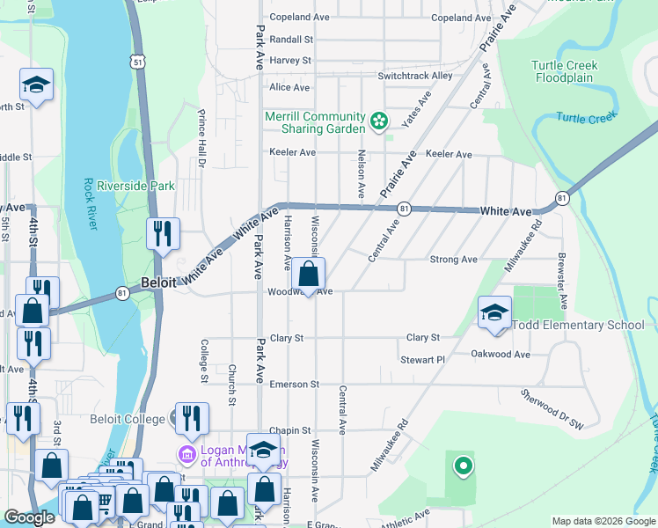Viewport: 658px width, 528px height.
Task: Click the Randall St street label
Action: point(291,40)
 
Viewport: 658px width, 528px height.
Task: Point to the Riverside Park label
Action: point(135,186)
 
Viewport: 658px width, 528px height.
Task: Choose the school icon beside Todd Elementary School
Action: point(494,312)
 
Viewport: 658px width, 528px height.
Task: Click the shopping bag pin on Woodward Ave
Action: point(309,274)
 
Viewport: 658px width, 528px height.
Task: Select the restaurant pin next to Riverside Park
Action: point(163,234)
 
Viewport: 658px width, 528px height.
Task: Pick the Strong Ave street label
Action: point(452,260)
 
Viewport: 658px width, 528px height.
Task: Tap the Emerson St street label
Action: point(294,385)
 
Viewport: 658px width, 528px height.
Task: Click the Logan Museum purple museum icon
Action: point(187,455)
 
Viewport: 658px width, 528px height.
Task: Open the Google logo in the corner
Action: point(29,517)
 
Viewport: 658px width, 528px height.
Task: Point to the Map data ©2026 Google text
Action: point(603,521)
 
